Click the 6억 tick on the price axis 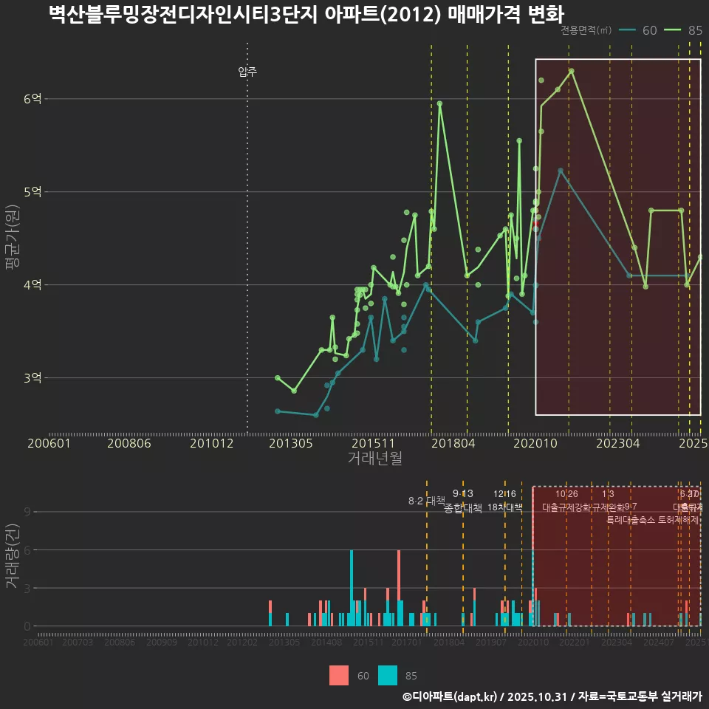(x=32, y=99)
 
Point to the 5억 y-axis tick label (x=32, y=192)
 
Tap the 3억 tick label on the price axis (x=32, y=378)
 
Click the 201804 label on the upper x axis (x=453, y=443)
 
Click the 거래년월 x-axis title (x=374, y=459)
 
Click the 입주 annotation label (x=247, y=72)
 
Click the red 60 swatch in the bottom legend (x=339, y=675)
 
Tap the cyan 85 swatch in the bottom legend (x=388, y=675)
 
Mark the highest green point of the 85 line (x=572, y=71)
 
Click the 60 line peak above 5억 (x=561, y=170)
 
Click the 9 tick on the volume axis (x=27, y=512)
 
